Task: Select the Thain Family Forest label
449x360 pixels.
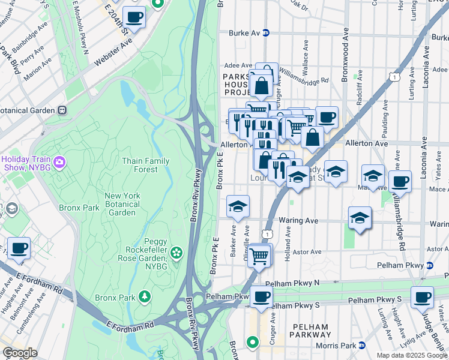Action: point(145,165)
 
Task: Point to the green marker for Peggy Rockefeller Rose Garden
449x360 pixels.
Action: point(176,253)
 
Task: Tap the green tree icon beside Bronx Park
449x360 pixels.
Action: point(144,296)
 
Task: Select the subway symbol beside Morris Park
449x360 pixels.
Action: point(362,345)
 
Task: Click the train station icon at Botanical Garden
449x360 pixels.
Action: point(62,111)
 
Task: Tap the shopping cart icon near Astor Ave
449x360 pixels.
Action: point(259,256)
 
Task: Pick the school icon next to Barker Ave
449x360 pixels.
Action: point(238,206)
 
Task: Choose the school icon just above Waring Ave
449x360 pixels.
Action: point(359,217)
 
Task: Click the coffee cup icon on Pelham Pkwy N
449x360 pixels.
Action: point(261,296)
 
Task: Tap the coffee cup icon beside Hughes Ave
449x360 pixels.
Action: point(18,248)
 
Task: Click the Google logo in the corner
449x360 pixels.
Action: point(20,353)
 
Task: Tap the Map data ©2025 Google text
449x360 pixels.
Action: point(411,355)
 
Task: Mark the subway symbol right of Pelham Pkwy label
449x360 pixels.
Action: point(429,265)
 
